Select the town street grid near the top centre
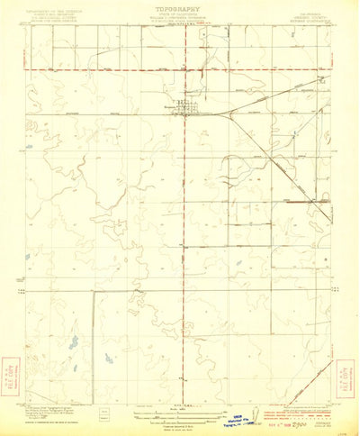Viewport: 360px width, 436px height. click(191, 111)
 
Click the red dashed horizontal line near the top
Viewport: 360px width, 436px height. click(108, 69)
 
